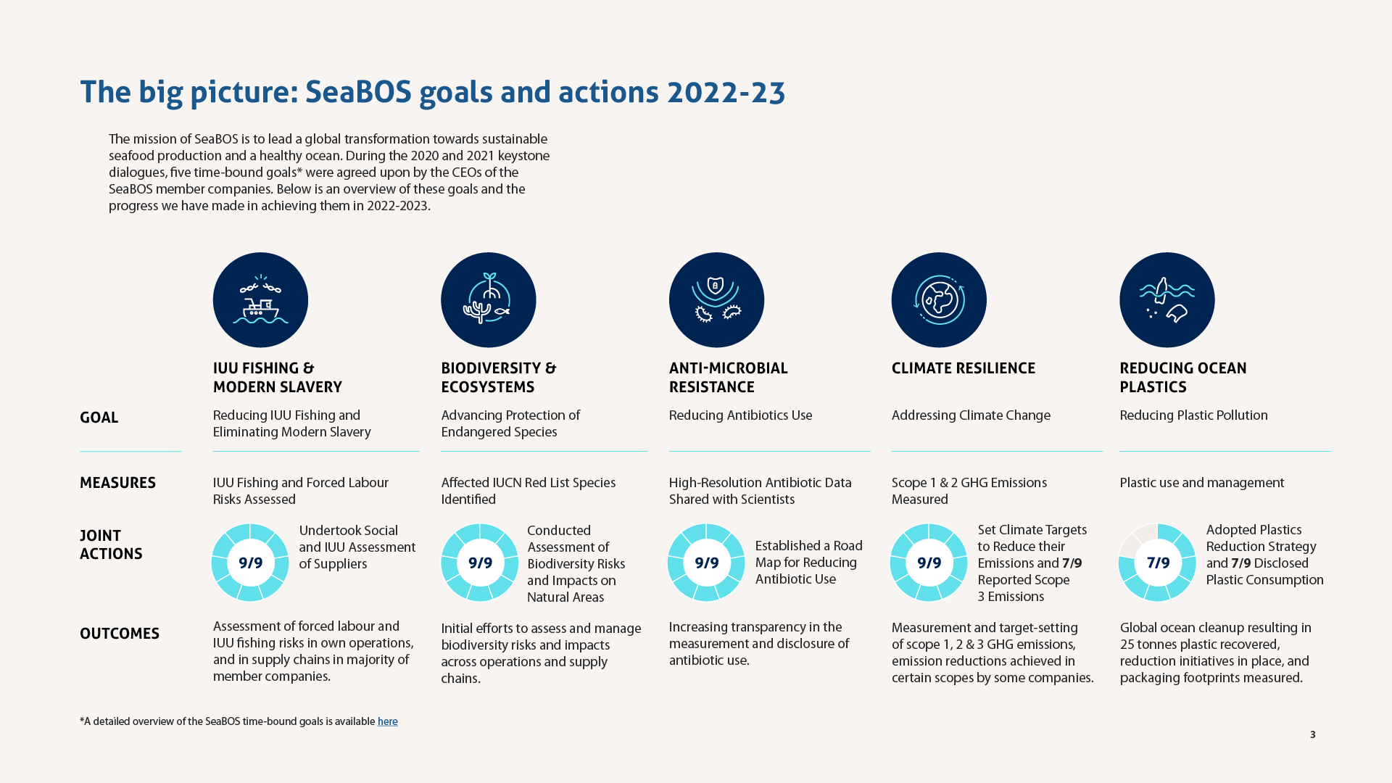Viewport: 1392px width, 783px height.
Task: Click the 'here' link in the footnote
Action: coord(387,721)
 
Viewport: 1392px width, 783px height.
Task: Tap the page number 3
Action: coord(1312,734)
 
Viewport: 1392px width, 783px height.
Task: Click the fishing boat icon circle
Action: coord(260,299)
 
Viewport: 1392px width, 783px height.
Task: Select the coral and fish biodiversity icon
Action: coord(488,299)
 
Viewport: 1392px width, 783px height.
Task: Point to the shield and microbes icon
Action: coord(716,299)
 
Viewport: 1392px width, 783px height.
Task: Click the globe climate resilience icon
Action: coord(939,299)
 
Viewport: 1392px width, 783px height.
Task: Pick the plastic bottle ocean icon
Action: coord(1167,299)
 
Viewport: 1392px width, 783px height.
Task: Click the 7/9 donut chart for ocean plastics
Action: coord(1157,563)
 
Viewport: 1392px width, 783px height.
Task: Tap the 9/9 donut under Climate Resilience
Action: coord(929,563)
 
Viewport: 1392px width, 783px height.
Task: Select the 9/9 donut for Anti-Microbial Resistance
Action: coord(706,563)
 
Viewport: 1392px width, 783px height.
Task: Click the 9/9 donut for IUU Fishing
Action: coord(250,563)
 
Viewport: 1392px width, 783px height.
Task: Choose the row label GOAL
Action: coord(99,418)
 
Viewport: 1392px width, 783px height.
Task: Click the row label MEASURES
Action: coord(117,483)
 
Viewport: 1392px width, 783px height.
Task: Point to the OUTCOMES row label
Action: coord(120,634)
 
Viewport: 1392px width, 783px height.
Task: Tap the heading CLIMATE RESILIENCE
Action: coord(963,368)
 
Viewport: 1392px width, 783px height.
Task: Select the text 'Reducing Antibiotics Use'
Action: coord(740,415)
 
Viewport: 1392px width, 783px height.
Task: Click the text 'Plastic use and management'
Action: coord(1201,483)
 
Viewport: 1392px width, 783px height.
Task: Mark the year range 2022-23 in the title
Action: coord(726,93)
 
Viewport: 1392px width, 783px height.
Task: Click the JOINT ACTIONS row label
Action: coord(111,544)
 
